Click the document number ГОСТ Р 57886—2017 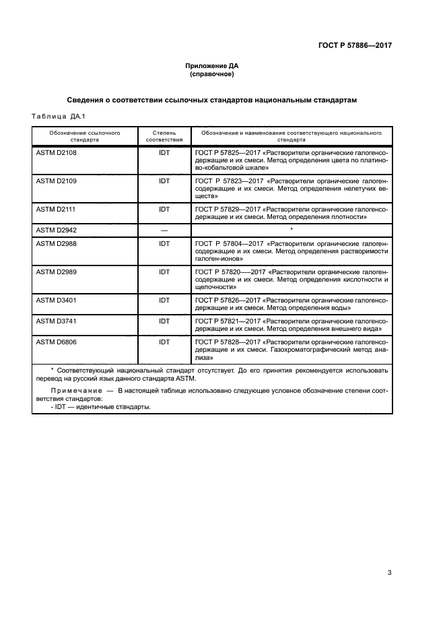tap(355, 46)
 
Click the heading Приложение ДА tap(212, 65)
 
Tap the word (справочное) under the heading tap(212, 74)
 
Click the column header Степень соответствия tap(164, 137)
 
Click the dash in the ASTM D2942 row tap(164, 230)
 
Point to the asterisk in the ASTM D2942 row tap(291, 230)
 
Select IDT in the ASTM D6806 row tap(164, 342)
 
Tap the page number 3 tap(389, 573)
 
